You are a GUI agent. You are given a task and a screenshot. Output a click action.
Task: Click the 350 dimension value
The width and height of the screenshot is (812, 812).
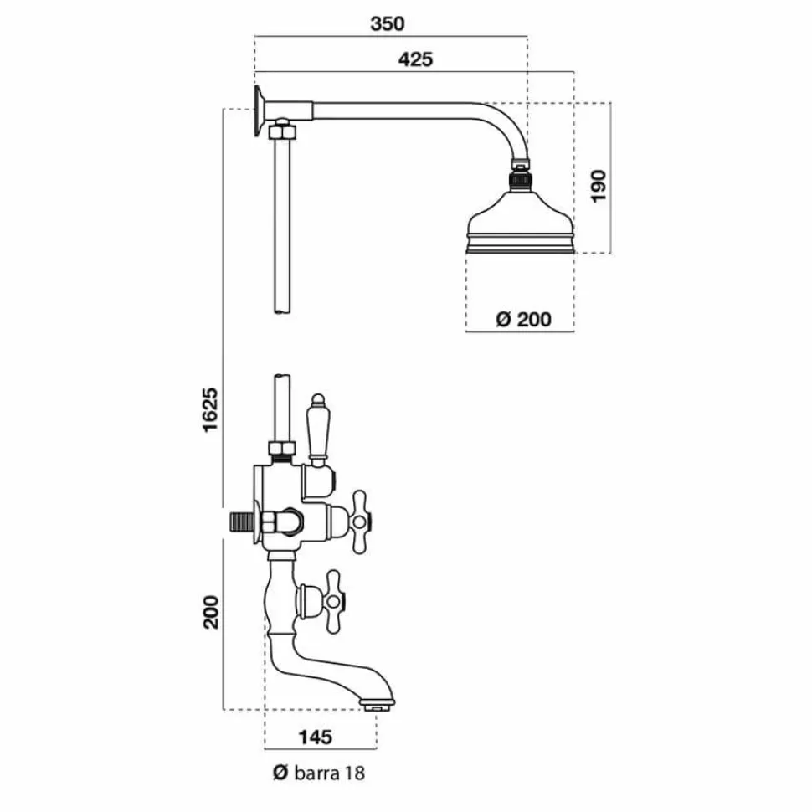coord(388,23)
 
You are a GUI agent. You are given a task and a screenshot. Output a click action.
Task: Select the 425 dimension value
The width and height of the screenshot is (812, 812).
coord(415,59)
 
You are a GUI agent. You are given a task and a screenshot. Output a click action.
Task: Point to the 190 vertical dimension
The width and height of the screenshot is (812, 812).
coord(599,186)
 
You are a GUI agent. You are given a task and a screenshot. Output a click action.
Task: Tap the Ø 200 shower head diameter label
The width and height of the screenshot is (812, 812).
coord(523,319)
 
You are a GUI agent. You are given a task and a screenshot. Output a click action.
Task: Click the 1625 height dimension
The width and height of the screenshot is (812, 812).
coord(211,409)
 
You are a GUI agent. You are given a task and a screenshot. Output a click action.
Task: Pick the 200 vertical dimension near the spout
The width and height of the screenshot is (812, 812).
coord(211,612)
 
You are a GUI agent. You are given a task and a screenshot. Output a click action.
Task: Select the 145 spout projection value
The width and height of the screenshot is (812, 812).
coord(316,737)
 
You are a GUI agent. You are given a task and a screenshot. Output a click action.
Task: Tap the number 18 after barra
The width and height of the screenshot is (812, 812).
coord(355,773)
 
